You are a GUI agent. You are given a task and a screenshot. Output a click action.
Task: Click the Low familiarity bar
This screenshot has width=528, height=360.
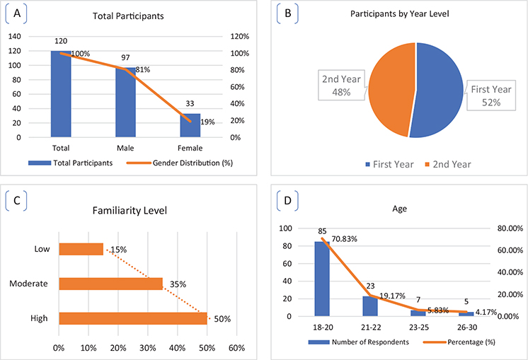(x=81, y=249)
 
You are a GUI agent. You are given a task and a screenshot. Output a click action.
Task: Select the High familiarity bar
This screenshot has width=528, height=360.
(x=132, y=318)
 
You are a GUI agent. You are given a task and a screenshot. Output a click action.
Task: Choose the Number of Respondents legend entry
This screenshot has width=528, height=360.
(x=354, y=342)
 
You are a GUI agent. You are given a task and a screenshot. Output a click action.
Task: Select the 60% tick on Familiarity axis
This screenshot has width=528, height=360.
(x=236, y=348)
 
